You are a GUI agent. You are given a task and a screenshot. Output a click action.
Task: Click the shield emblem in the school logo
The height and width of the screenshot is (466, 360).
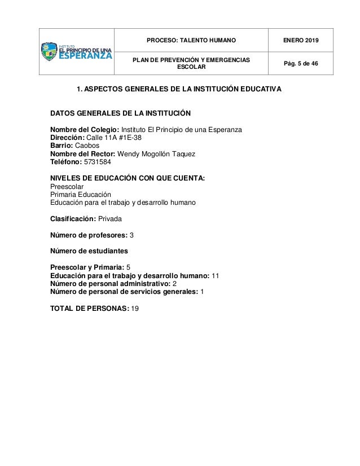pos(50,52)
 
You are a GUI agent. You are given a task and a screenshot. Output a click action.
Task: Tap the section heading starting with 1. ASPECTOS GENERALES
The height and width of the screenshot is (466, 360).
pos(179,90)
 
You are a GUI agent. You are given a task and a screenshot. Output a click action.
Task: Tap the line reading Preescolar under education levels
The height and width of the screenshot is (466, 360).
pos(67,187)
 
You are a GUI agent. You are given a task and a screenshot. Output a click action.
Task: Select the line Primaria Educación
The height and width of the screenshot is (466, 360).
pos(81,195)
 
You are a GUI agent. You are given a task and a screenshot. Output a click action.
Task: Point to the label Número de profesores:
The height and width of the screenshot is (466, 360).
pos(89,234)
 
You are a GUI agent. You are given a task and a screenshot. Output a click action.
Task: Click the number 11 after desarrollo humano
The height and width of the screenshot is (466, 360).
pos(215,276)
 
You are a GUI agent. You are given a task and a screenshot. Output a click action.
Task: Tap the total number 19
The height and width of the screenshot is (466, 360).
pos(135,308)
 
